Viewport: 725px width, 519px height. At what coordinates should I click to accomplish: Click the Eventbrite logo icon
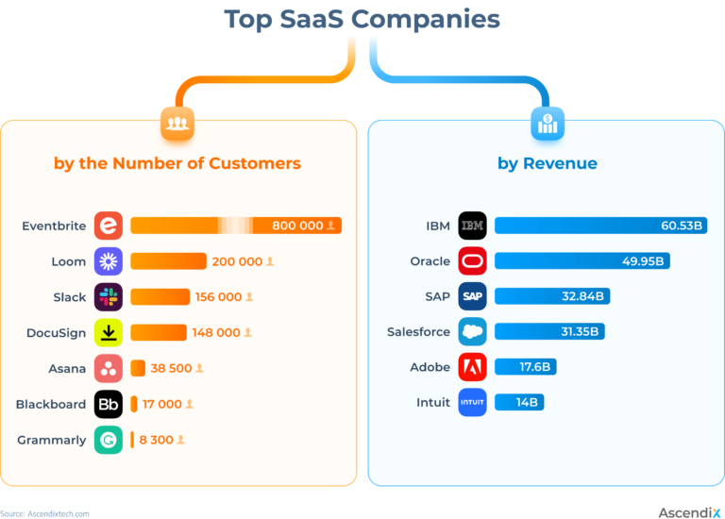109,226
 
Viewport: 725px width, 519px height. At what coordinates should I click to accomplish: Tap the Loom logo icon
109,261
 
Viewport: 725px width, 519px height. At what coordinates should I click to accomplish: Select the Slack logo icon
109,297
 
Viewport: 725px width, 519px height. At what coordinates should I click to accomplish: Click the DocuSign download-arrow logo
109,332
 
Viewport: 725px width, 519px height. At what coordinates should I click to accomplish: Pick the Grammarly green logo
109,440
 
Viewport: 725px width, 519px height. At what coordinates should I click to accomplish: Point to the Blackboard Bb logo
109,404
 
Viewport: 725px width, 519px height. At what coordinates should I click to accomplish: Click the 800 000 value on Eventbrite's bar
297,226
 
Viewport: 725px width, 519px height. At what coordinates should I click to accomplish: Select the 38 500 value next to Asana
166,368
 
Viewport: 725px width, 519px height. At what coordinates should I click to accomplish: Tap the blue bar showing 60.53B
600,226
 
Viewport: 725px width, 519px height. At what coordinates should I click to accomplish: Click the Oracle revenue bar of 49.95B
582,261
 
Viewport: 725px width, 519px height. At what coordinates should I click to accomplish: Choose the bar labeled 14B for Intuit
519,403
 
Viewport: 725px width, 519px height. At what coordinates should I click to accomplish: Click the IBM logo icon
472,226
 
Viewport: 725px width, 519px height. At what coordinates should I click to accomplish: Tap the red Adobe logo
472,367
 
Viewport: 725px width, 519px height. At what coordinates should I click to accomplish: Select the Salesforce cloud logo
472,332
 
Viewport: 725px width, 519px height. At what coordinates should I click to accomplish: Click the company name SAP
437,296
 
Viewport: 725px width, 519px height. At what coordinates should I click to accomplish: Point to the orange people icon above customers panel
177,124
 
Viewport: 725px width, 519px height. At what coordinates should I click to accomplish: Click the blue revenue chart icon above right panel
548,124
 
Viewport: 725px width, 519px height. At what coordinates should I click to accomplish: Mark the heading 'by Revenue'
548,163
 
